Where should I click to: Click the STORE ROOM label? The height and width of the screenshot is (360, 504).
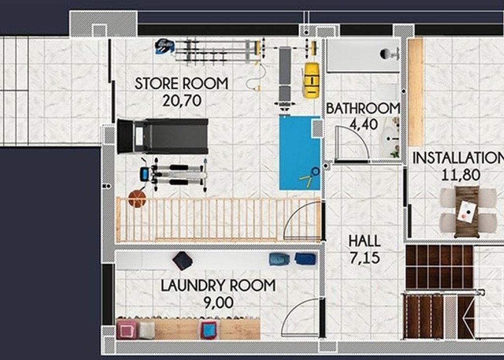[x=181, y=84]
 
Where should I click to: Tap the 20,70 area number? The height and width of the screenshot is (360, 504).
[x=182, y=101]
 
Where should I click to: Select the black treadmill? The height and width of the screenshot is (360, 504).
[x=162, y=136]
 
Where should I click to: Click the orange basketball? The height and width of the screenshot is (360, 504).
[x=137, y=199]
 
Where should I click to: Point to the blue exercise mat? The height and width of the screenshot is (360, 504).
[x=299, y=152]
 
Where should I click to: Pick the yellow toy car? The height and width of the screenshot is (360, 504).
[x=311, y=80]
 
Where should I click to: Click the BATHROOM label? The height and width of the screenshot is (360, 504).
[x=363, y=108]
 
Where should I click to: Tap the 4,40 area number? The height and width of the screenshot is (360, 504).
[x=363, y=124]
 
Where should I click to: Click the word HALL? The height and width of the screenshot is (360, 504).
[x=364, y=241]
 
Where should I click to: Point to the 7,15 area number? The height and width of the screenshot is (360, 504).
[x=364, y=258]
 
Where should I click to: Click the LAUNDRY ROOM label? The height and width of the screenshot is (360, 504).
[x=219, y=286]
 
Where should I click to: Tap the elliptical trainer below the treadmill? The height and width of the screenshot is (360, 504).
[x=172, y=174]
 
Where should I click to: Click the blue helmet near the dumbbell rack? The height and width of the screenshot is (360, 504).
[x=164, y=46]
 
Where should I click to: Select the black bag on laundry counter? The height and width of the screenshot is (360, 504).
[x=183, y=261]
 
